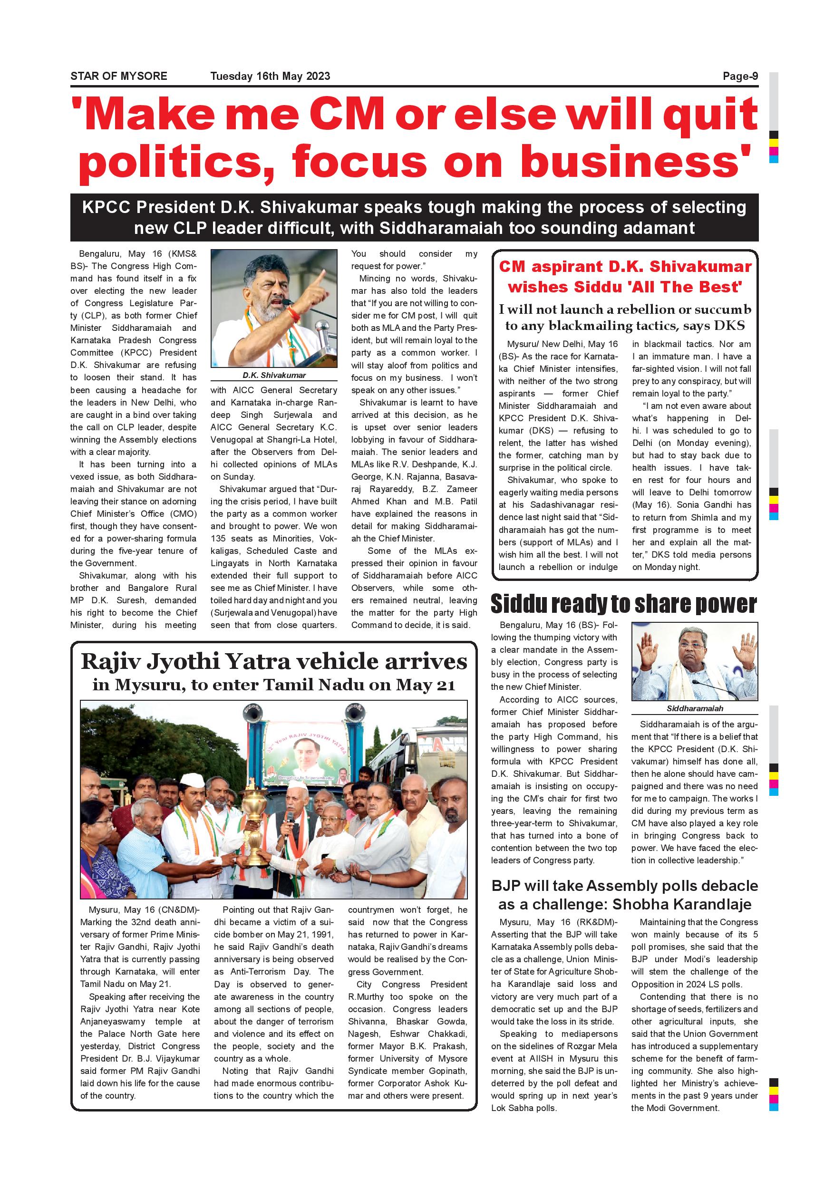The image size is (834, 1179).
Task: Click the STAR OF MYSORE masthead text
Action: [x=118, y=77]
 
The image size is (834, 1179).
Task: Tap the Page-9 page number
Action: [x=740, y=77]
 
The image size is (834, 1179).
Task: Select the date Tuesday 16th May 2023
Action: [x=270, y=77]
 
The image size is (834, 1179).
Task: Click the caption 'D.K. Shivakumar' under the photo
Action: [x=274, y=376]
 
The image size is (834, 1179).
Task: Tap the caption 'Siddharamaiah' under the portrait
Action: [x=694, y=709]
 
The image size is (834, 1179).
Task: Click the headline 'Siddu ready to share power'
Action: [x=623, y=604]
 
